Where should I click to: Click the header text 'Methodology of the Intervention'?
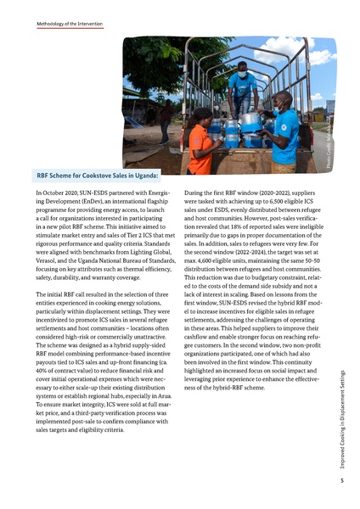[69, 25]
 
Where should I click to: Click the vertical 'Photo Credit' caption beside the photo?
[340, 153]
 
